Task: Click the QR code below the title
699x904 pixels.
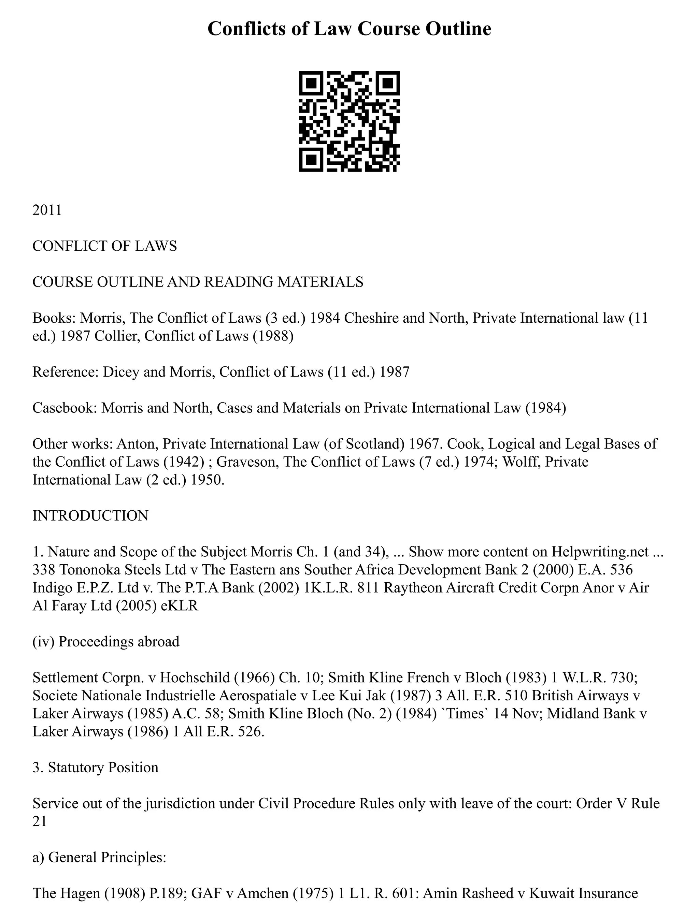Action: coord(349,121)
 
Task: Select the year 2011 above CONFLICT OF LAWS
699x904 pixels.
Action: coord(47,210)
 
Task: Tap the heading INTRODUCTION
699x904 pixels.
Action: coord(90,516)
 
